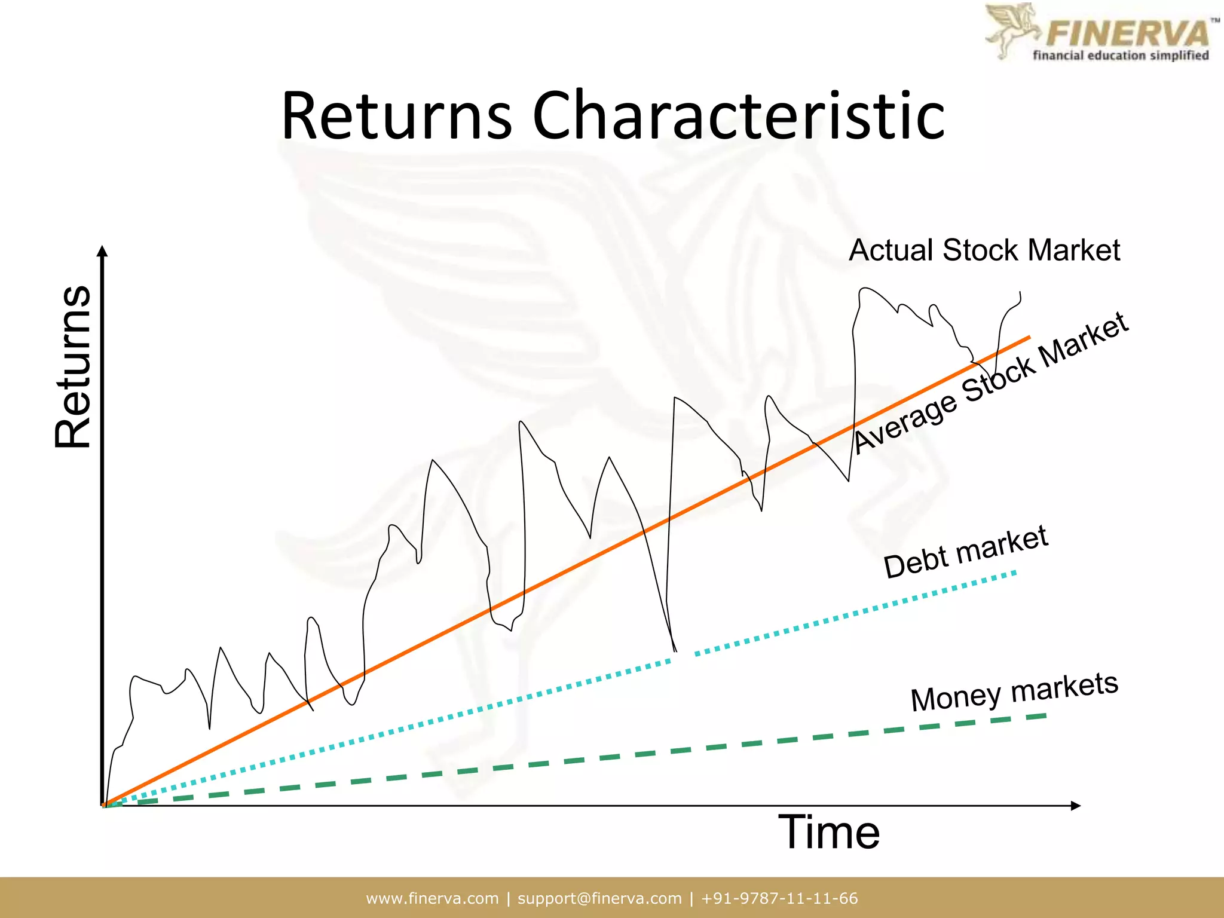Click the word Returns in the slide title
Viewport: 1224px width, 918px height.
(396, 116)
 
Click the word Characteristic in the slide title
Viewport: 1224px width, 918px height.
(738, 116)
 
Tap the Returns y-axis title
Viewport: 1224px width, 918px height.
(73, 366)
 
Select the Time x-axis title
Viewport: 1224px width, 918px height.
(828, 833)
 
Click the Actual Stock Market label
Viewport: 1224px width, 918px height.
(984, 250)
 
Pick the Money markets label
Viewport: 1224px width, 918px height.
(1014, 691)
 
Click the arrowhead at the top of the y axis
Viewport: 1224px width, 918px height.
(102, 250)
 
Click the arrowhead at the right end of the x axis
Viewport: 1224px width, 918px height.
(1075, 806)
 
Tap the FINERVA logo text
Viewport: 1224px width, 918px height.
(1127, 33)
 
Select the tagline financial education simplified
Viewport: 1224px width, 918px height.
(1121, 56)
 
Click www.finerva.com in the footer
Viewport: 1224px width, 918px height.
(432, 898)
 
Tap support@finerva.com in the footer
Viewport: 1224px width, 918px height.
(599, 898)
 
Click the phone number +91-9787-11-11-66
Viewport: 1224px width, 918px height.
(779, 898)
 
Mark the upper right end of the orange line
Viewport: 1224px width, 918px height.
(1028, 338)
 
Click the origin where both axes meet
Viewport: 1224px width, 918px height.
(103, 806)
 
